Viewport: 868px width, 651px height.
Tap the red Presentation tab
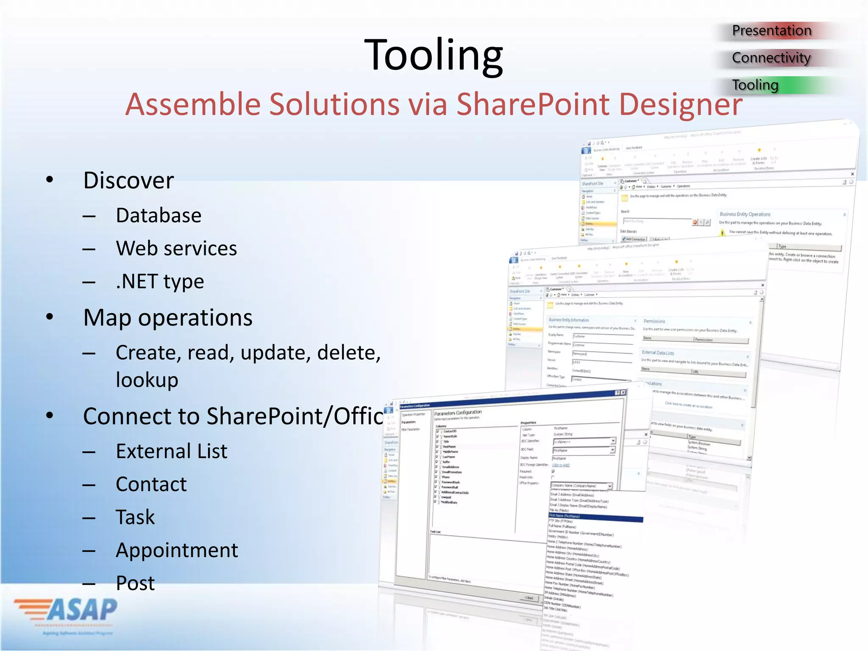[x=771, y=31]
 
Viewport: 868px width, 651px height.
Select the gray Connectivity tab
[x=771, y=58]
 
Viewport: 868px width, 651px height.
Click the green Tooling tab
[x=755, y=85]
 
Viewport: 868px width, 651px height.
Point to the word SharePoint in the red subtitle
[x=533, y=104]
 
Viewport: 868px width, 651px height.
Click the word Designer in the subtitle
[x=680, y=104]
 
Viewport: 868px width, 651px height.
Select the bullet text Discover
[x=128, y=181]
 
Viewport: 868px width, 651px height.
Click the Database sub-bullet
[x=159, y=215]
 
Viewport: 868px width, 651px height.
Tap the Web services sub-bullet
[x=176, y=248]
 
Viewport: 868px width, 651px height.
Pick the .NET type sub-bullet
[x=160, y=281]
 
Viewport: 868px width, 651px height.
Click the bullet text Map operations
[x=168, y=318]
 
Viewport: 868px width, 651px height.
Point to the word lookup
[x=147, y=380]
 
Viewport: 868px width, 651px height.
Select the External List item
[x=172, y=451]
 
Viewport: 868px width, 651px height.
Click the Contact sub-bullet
[x=151, y=484]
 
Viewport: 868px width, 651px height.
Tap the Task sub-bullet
[x=135, y=517]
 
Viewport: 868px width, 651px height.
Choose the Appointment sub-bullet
[x=177, y=550]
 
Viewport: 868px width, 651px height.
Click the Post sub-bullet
[x=135, y=583]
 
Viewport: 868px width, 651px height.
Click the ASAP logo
[x=68, y=610]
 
